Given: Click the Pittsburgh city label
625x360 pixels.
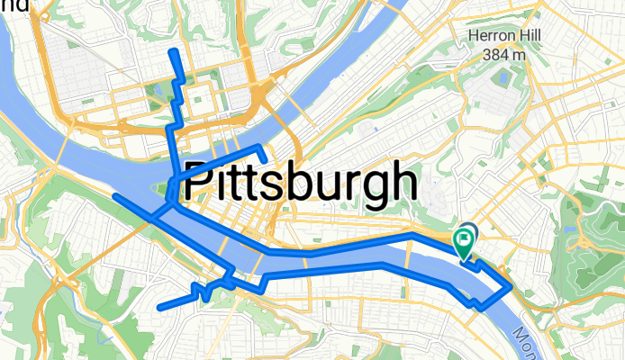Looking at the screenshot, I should [301, 183].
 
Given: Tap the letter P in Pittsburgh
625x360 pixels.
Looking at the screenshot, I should [196, 183].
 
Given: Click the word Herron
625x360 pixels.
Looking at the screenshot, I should [486, 37].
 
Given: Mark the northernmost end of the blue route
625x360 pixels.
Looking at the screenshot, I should [174, 52].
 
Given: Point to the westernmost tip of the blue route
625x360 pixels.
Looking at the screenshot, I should [115, 195].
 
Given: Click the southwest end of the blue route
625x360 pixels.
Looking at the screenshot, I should [160, 307].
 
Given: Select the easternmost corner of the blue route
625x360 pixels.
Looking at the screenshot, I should [510, 285].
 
